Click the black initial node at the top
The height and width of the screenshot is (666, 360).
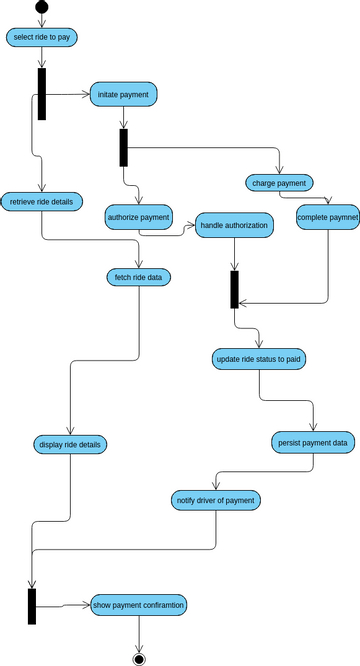tap(41, 8)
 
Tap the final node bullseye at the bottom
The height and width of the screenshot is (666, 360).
tap(139, 658)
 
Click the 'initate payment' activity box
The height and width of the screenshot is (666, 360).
tap(124, 94)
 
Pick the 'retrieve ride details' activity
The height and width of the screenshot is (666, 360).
tap(41, 201)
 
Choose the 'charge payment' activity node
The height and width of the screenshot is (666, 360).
tap(279, 183)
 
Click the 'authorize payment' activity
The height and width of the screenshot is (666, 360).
tap(139, 216)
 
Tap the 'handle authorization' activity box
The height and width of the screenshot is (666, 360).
tap(234, 226)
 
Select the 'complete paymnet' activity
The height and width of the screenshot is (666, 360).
tap(327, 216)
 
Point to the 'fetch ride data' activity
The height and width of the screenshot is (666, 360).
tap(139, 276)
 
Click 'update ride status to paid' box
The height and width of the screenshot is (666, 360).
tap(259, 358)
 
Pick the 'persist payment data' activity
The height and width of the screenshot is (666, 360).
tap(312, 441)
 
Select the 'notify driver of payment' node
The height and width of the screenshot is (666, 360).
tap(216, 499)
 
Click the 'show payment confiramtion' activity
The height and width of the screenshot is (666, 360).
tap(139, 605)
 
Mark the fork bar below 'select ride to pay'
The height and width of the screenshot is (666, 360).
tap(42, 94)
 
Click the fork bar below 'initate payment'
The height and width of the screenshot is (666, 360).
tap(124, 148)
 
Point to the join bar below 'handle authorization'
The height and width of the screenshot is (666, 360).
tap(234, 289)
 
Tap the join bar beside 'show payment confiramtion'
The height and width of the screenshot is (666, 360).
tap(32, 606)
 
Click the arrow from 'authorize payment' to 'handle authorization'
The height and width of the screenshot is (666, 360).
tap(184, 231)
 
